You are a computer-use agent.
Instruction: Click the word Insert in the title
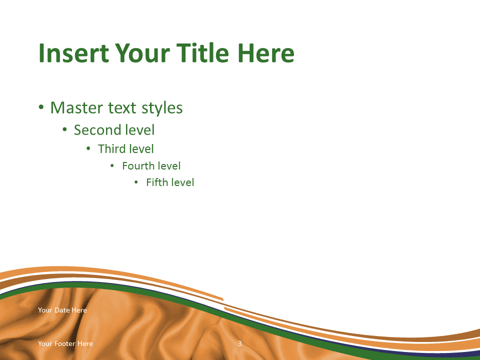(x=74, y=53)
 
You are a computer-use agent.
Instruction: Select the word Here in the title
(x=265, y=53)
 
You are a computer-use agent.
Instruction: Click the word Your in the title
(x=142, y=53)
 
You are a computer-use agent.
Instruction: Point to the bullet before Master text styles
(x=41, y=107)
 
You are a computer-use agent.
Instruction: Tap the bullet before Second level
(x=64, y=130)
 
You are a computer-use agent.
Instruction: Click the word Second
(x=96, y=130)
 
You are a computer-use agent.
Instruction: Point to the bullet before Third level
(x=88, y=149)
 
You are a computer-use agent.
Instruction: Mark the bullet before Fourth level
(x=112, y=165)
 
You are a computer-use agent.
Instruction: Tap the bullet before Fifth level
(x=136, y=182)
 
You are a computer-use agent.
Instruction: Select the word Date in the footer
(x=62, y=310)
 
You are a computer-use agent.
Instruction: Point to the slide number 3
(x=240, y=343)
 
